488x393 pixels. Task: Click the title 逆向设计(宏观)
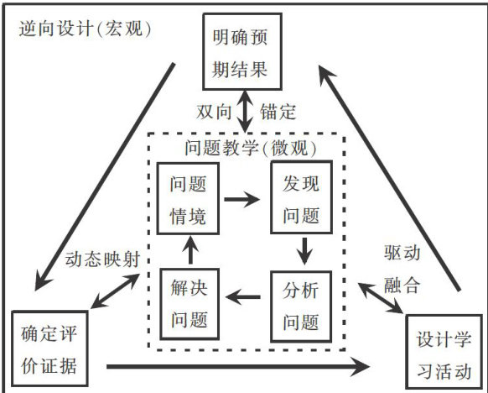pyautogui.click(x=85, y=29)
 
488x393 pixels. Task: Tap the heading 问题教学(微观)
pyautogui.click(x=251, y=148)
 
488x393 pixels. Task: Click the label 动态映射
pyautogui.click(x=102, y=259)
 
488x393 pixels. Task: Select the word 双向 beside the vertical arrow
pyautogui.click(x=214, y=112)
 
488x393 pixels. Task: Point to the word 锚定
pyautogui.click(x=278, y=112)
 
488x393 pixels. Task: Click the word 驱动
pyautogui.click(x=402, y=253)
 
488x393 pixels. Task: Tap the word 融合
pyautogui.click(x=402, y=285)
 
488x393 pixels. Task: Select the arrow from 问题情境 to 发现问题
pyautogui.click(x=241, y=199)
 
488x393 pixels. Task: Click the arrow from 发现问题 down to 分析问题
pyautogui.click(x=304, y=252)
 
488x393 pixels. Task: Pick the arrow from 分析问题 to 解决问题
pyautogui.click(x=243, y=296)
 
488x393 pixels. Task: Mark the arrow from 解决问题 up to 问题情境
pyautogui.click(x=190, y=250)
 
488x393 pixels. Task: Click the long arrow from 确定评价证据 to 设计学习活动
pyautogui.click(x=238, y=367)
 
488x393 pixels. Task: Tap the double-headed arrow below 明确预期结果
pyautogui.click(x=245, y=112)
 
